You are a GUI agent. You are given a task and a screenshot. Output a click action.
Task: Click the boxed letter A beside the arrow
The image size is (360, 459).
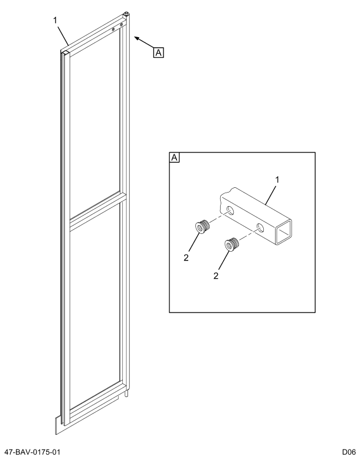point(158,52)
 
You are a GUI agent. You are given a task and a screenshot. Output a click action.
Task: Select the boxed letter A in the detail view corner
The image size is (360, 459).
point(175,157)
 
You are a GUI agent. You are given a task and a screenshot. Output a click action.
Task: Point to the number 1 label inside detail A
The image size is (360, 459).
point(278,179)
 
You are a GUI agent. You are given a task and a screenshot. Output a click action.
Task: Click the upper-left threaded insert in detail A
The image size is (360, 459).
point(202,226)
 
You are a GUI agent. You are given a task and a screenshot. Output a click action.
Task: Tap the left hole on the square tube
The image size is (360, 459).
point(230,211)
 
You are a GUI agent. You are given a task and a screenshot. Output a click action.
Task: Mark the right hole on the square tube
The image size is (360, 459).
point(261,227)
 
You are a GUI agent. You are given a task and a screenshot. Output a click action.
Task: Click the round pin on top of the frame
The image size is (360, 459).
point(126,13)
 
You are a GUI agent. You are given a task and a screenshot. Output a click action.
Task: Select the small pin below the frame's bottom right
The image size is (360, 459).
point(127,392)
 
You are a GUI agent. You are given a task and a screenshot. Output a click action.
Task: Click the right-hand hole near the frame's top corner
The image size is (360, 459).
point(122,25)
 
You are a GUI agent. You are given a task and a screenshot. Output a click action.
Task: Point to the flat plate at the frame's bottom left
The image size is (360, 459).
point(58,422)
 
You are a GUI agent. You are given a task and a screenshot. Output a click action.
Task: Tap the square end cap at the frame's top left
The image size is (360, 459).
point(64,52)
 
